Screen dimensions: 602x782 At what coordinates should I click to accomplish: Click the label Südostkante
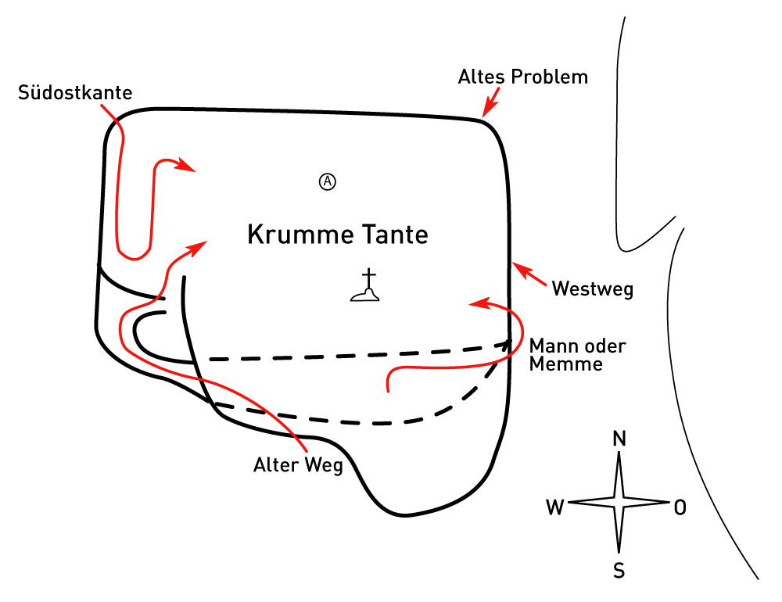click(x=75, y=93)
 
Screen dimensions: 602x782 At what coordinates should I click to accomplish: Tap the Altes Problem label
click(x=522, y=77)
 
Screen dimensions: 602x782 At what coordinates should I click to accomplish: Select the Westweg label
click(x=592, y=288)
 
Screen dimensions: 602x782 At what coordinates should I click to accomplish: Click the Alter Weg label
click(x=298, y=466)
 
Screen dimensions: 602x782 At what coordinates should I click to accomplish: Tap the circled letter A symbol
click(x=328, y=181)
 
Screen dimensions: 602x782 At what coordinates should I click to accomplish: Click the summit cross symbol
click(x=366, y=285)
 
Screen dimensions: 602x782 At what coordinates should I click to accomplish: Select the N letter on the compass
click(x=619, y=439)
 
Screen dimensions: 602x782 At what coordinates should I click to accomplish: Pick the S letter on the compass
click(x=619, y=572)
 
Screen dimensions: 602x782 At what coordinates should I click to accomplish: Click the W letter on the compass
click(x=555, y=508)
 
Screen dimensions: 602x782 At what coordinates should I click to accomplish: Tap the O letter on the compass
click(x=680, y=508)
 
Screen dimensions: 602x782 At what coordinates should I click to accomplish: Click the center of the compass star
click(x=619, y=502)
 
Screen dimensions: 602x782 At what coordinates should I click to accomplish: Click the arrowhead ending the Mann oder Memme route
click(x=476, y=303)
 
